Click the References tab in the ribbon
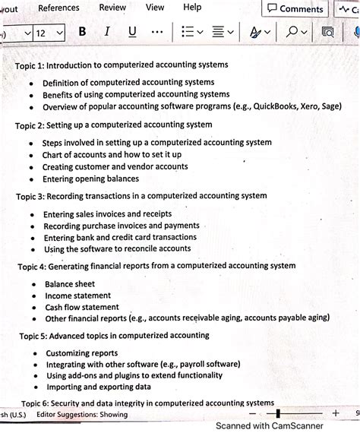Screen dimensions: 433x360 pos(58,8)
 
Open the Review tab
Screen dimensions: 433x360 pos(112,7)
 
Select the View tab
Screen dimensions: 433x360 pos(155,7)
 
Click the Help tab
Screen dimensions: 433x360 pos(193,7)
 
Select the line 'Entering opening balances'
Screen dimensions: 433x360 pos(90,179)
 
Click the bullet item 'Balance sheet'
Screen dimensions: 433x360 pos(69,284)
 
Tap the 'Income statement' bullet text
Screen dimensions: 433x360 pos(77,296)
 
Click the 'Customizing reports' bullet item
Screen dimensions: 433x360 pos(82,353)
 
